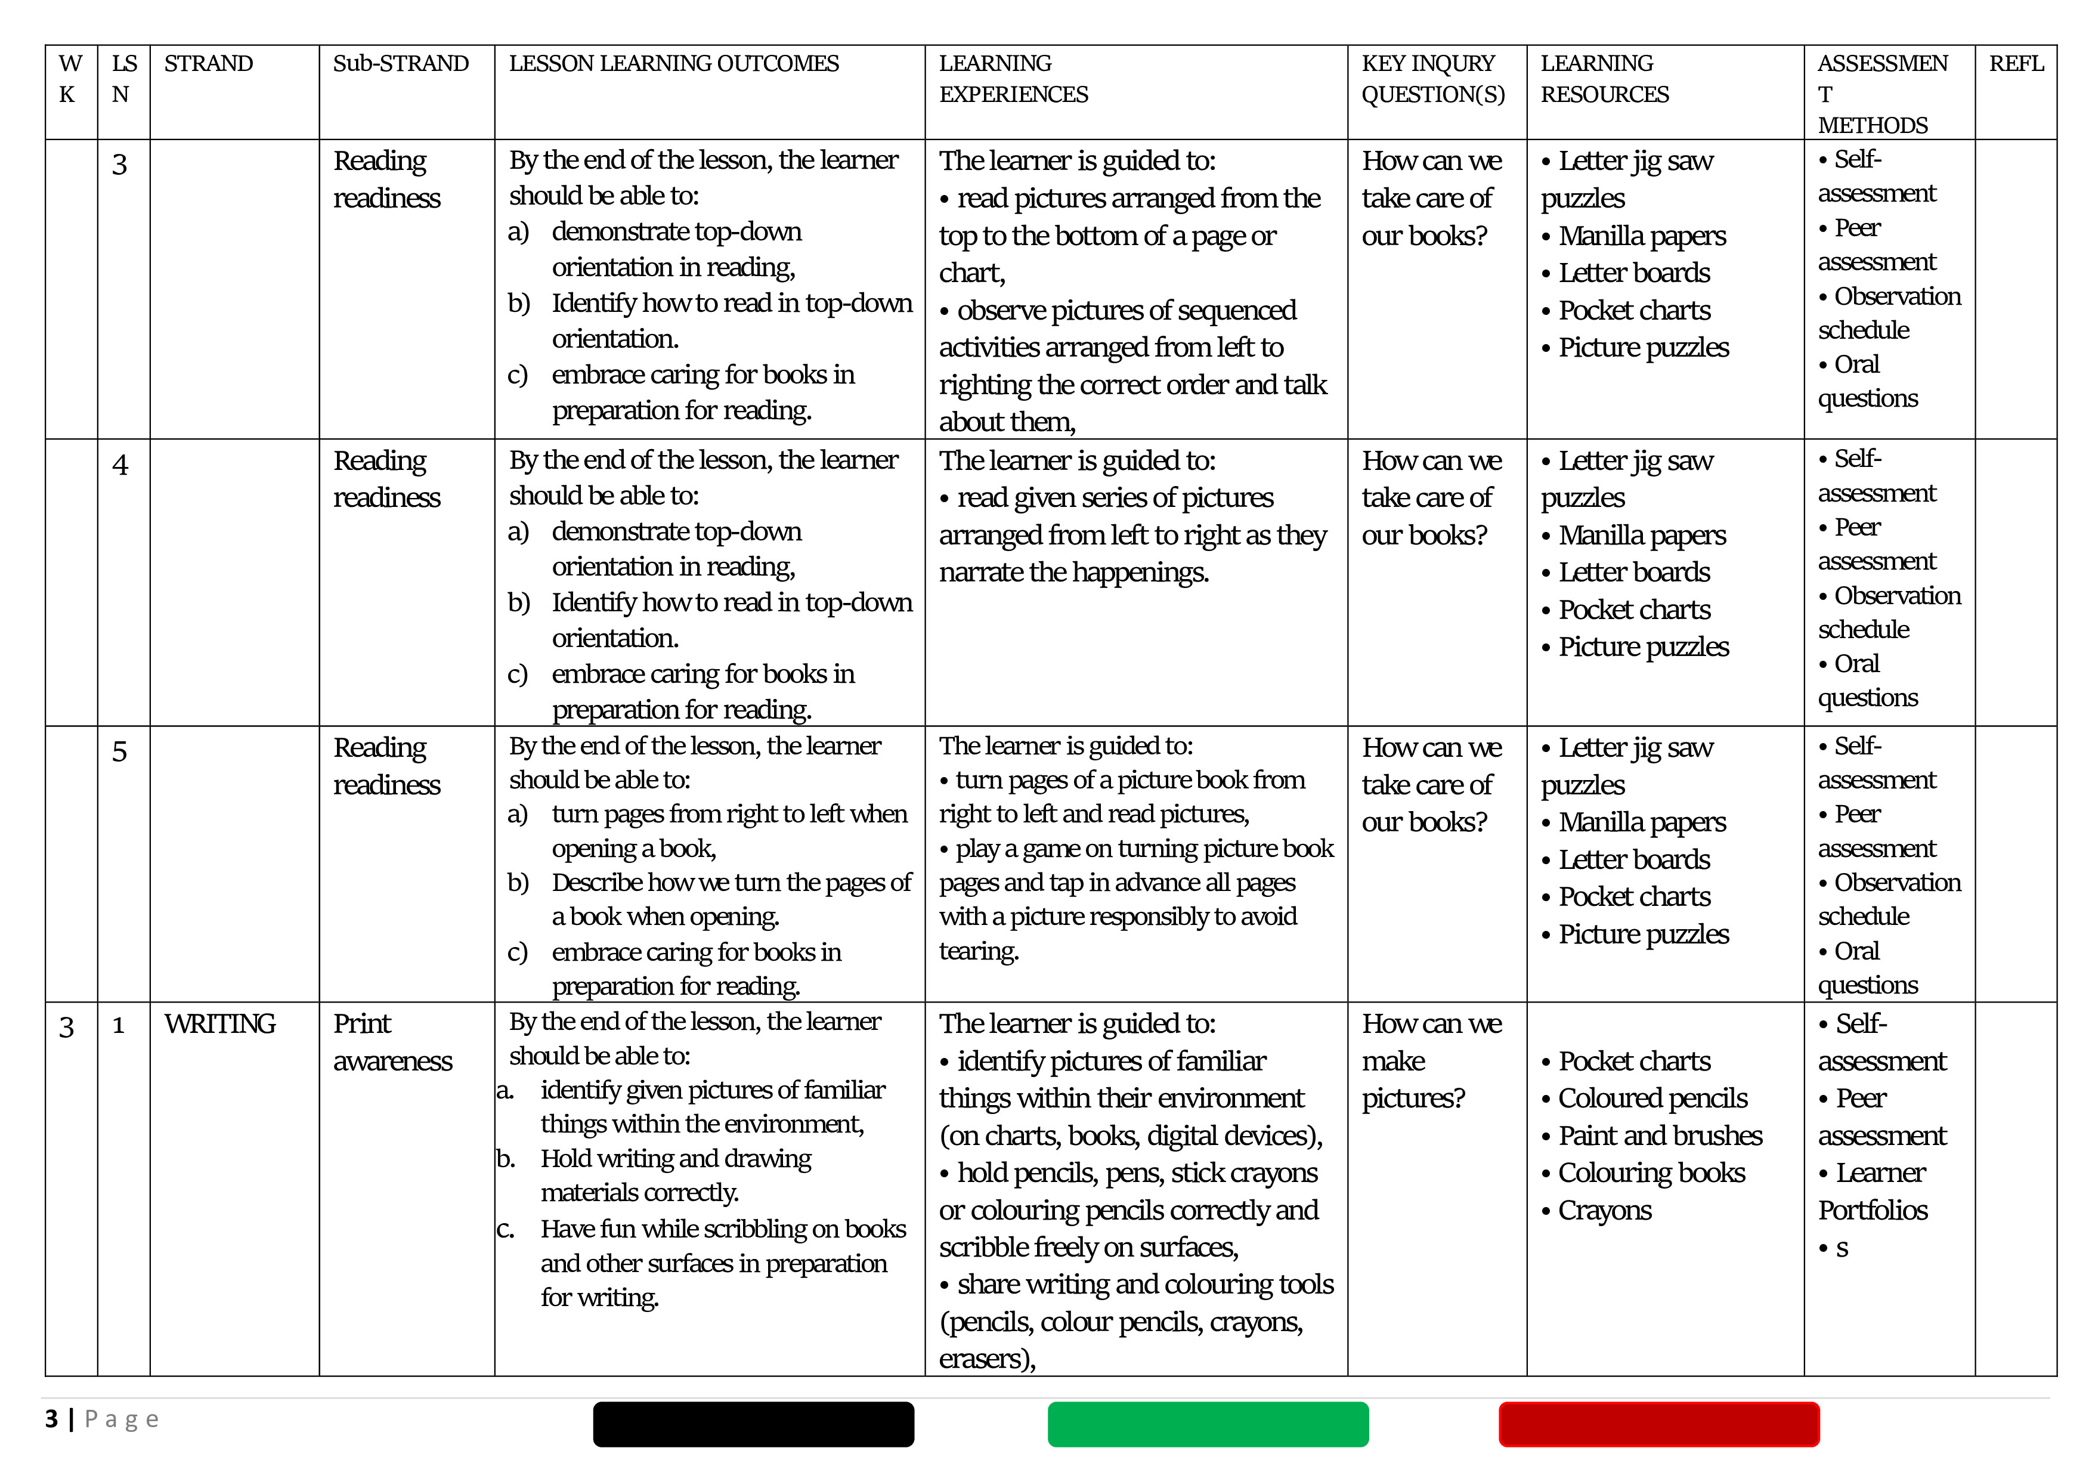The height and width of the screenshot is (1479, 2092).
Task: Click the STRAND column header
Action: [209, 64]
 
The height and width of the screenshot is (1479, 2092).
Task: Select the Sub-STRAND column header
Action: [400, 64]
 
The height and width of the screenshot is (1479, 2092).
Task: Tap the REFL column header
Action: [2016, 64]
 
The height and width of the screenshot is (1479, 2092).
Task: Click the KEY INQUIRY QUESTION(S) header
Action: [1432, 79]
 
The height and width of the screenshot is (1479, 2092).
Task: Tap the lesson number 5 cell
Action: [119, 752]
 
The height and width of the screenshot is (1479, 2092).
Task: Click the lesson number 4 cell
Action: [119, 465]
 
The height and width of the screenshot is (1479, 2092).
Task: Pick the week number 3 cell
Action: [67, 1027]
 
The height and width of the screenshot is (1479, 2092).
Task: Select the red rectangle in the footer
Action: [1658, 1424]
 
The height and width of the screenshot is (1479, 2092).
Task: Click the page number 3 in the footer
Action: [52, 1419]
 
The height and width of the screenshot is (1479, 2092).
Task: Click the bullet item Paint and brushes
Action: [1659, 1135]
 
